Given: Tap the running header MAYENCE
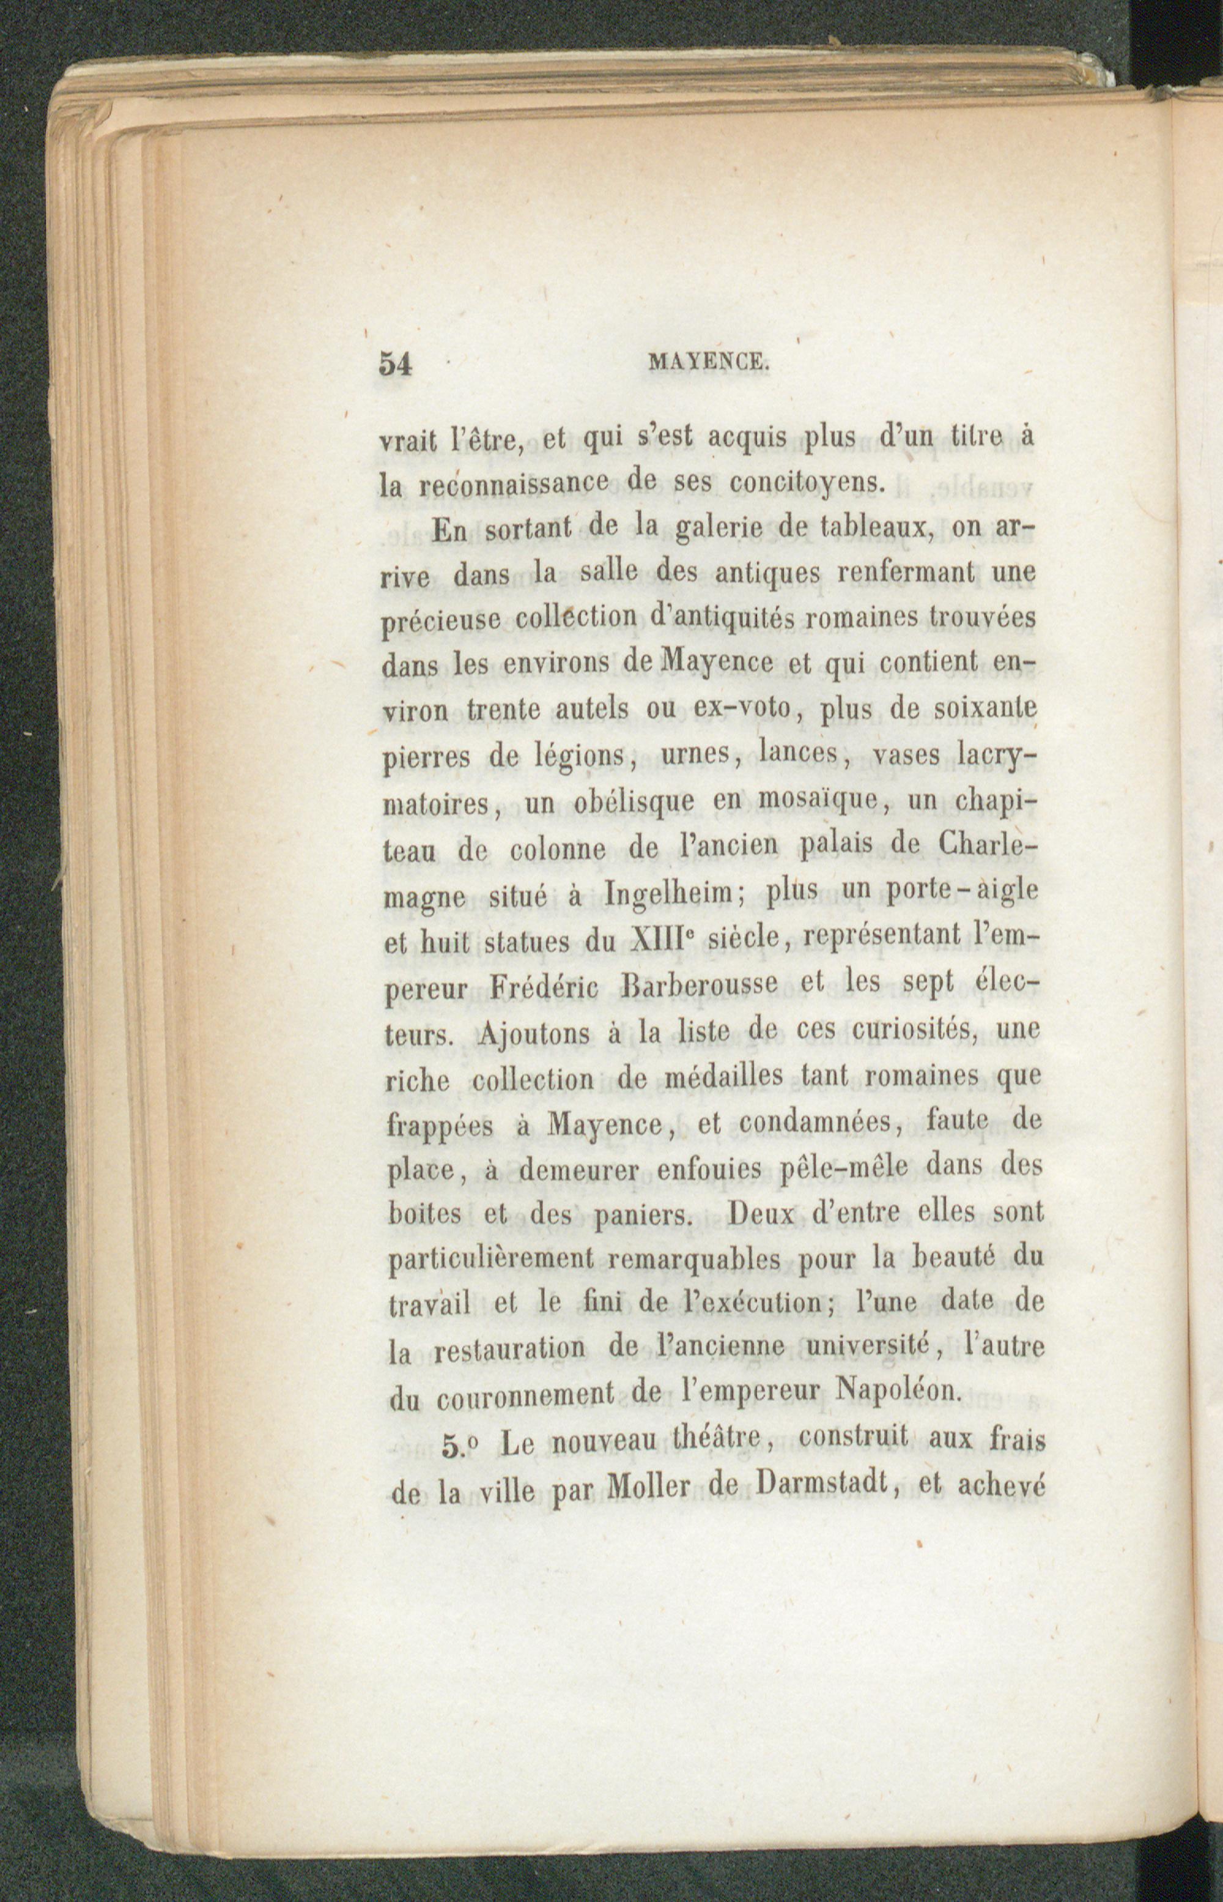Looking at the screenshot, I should coord(709,364).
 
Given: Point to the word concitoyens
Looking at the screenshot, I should coord(807,481).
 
